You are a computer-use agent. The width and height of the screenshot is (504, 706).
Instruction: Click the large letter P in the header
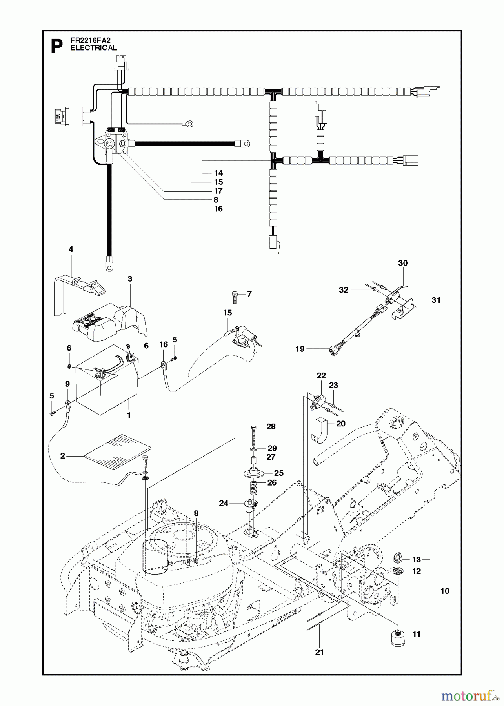point(57,47)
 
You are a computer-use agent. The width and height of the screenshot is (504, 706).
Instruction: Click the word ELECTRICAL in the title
point(93,48)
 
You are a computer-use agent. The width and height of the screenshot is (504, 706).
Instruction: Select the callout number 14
point(218,173)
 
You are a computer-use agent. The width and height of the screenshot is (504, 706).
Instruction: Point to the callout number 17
point(218,191)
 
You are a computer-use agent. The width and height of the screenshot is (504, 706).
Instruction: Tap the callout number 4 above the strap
point(71,249)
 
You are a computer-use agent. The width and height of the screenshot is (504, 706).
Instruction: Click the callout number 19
point(300,349)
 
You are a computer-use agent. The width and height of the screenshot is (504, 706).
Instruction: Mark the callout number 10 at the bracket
point(444,591)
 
